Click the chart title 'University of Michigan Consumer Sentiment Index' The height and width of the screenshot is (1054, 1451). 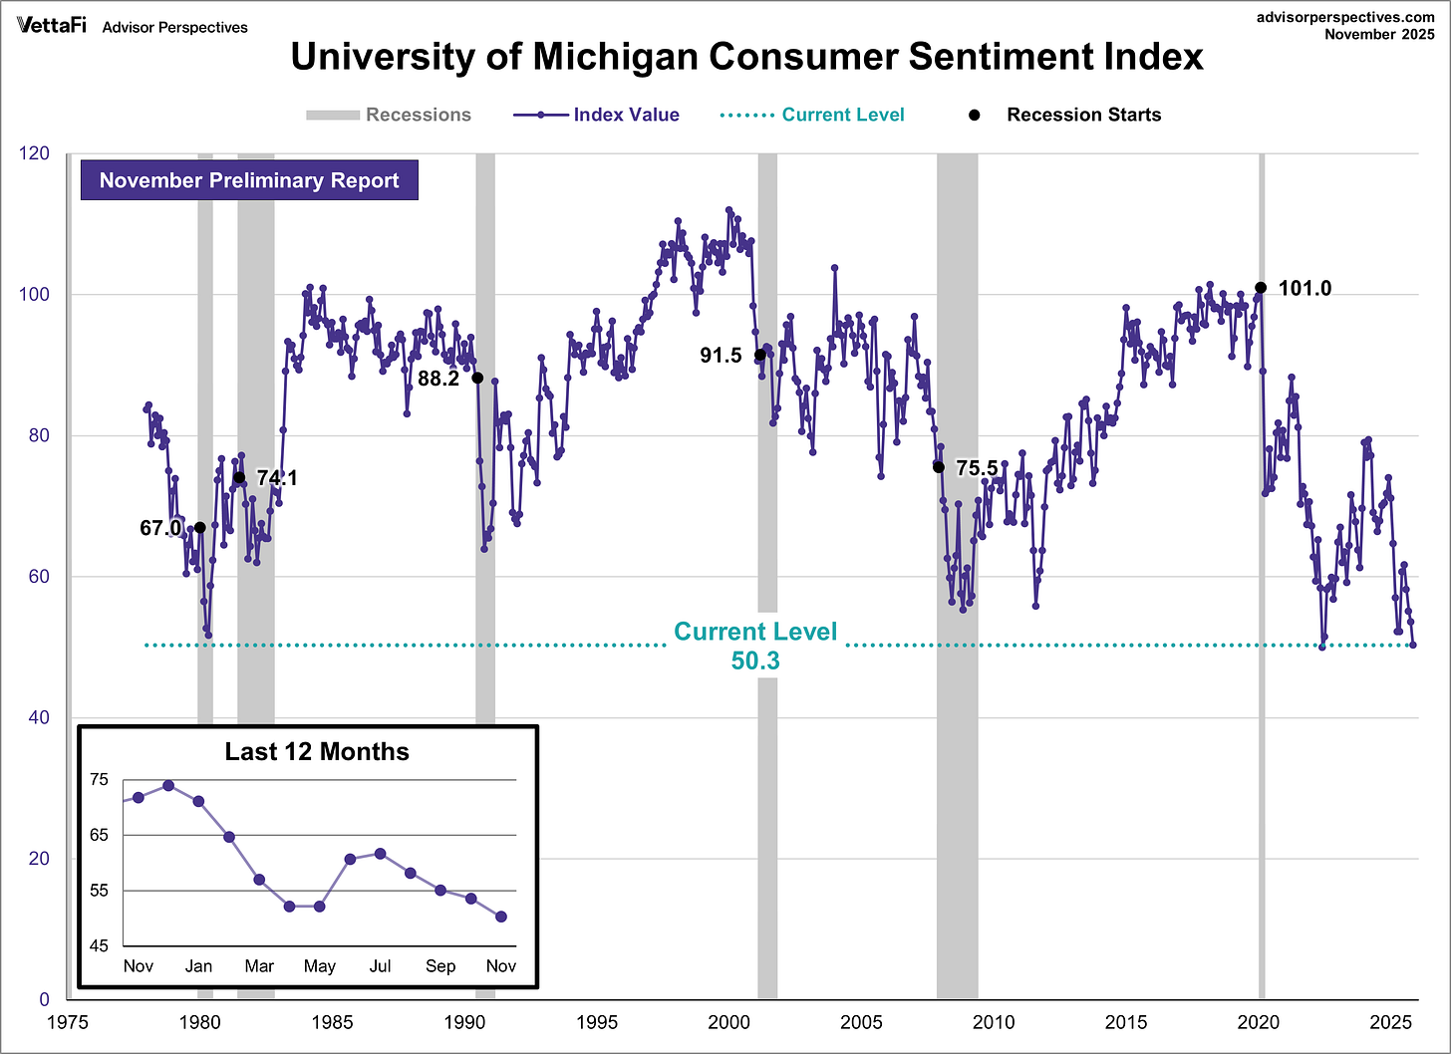(x=746, y=57)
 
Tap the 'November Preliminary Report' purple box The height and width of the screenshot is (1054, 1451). (x=249, y=180)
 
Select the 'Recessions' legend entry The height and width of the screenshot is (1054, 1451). (x=389, y=115)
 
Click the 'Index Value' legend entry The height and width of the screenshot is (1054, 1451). (x=596, y=115)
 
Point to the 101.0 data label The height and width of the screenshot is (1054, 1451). (x=1305, y=289)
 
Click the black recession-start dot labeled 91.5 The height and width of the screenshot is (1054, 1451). (x=760, y=355)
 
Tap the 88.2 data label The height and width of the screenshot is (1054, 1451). (x=438, y=379)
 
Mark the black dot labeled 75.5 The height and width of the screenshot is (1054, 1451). (x=939, y=467)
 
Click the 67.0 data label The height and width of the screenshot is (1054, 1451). (x=160, y=528)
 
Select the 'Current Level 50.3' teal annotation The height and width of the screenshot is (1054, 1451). (x=755, y=646)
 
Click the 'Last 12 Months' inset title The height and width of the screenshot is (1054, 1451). (x=317, y=752)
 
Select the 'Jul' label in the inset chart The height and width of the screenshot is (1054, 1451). (x=380, y=966)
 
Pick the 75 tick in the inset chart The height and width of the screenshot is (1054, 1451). (x=100, y=779)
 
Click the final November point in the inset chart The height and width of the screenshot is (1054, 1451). (x=501, y=917)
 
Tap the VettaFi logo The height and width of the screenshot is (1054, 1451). (x=51, y=26)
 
